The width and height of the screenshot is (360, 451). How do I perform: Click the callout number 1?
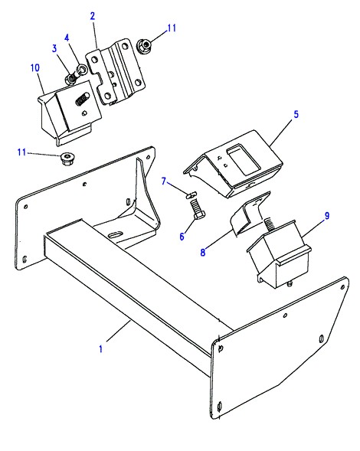tap(100, 349)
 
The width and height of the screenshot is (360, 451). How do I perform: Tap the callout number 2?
tap(93, 16)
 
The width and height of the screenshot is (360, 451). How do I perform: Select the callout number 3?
tap(54, 48)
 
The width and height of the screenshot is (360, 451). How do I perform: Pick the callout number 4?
tap(67, 38)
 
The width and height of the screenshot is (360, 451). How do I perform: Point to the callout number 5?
tap(296, 114)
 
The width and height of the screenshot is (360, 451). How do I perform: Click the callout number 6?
tap(182, 237)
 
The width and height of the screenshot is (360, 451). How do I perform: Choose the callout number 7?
tap(164, 181)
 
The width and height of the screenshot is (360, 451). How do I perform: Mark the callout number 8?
tap(203, 252)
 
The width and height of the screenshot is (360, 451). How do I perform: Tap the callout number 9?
tap(327, 215)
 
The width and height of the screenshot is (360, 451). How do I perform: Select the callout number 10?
tap(34, 68)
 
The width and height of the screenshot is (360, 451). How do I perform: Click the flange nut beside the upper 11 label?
tap(144, 45)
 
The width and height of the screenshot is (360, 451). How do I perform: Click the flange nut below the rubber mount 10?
tap(67, 159)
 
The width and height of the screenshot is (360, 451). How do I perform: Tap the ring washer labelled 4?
tap(83, 69)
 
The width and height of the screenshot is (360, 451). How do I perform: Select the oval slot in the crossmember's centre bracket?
tap(116, 234)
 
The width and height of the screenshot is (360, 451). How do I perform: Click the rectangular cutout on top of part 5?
tap(243, 160)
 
